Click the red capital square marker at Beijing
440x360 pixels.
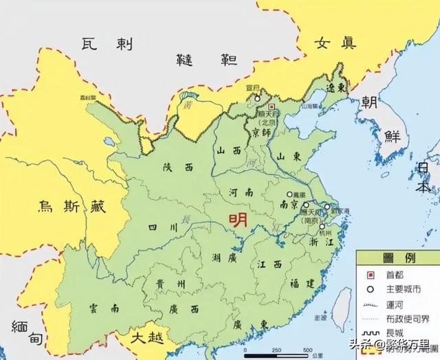coord(272,107)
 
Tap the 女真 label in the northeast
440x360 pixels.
coord(335,43)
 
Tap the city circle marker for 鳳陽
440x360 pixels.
coord(289,194)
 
